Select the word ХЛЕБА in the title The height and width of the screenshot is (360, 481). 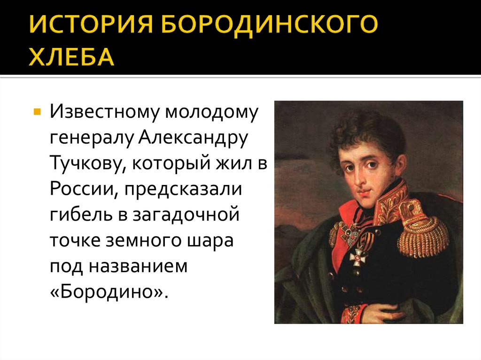pos(72,56)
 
